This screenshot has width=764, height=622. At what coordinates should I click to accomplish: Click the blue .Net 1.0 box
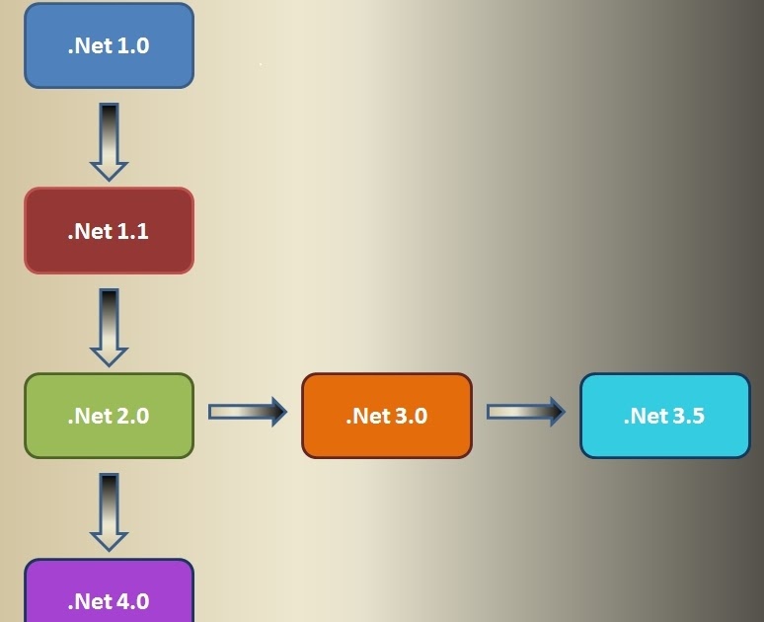coord(109,45)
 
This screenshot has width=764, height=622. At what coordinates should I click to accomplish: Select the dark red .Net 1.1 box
coord(109,231)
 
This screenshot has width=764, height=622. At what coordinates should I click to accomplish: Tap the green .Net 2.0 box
coord(109,416)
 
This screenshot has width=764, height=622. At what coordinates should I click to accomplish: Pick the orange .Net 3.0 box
coord(387,416)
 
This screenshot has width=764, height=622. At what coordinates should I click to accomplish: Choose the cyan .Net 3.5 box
coord(664,416)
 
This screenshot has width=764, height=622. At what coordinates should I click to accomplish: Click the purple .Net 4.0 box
coord(109,592)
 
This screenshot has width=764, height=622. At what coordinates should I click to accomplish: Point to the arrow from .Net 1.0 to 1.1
coord(109,141)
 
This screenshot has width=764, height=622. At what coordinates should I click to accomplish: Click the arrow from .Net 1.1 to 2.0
coord(109,327)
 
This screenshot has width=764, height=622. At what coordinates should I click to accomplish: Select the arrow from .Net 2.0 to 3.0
coord(247,412)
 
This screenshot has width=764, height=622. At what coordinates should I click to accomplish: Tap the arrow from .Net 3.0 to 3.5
coord(525,412)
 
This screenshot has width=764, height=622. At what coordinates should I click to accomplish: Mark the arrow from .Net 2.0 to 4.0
coord(109,511)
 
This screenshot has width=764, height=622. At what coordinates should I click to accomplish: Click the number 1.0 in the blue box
coord(132,45)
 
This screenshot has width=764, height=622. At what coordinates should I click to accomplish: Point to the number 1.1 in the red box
coord(132,231)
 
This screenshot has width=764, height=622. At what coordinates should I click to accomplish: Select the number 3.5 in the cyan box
coord(688,416)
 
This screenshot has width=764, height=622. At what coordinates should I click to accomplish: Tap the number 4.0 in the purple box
coord(132,601)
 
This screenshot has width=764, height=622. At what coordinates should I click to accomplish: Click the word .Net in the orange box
coord(366,416)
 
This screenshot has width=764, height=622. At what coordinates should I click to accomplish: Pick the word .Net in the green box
coord(89,416)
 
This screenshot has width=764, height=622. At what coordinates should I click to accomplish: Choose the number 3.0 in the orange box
coord(411,416)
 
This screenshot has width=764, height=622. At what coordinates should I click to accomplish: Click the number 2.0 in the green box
coord(132,416)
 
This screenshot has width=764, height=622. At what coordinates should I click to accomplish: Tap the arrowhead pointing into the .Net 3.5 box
coord(556,412)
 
